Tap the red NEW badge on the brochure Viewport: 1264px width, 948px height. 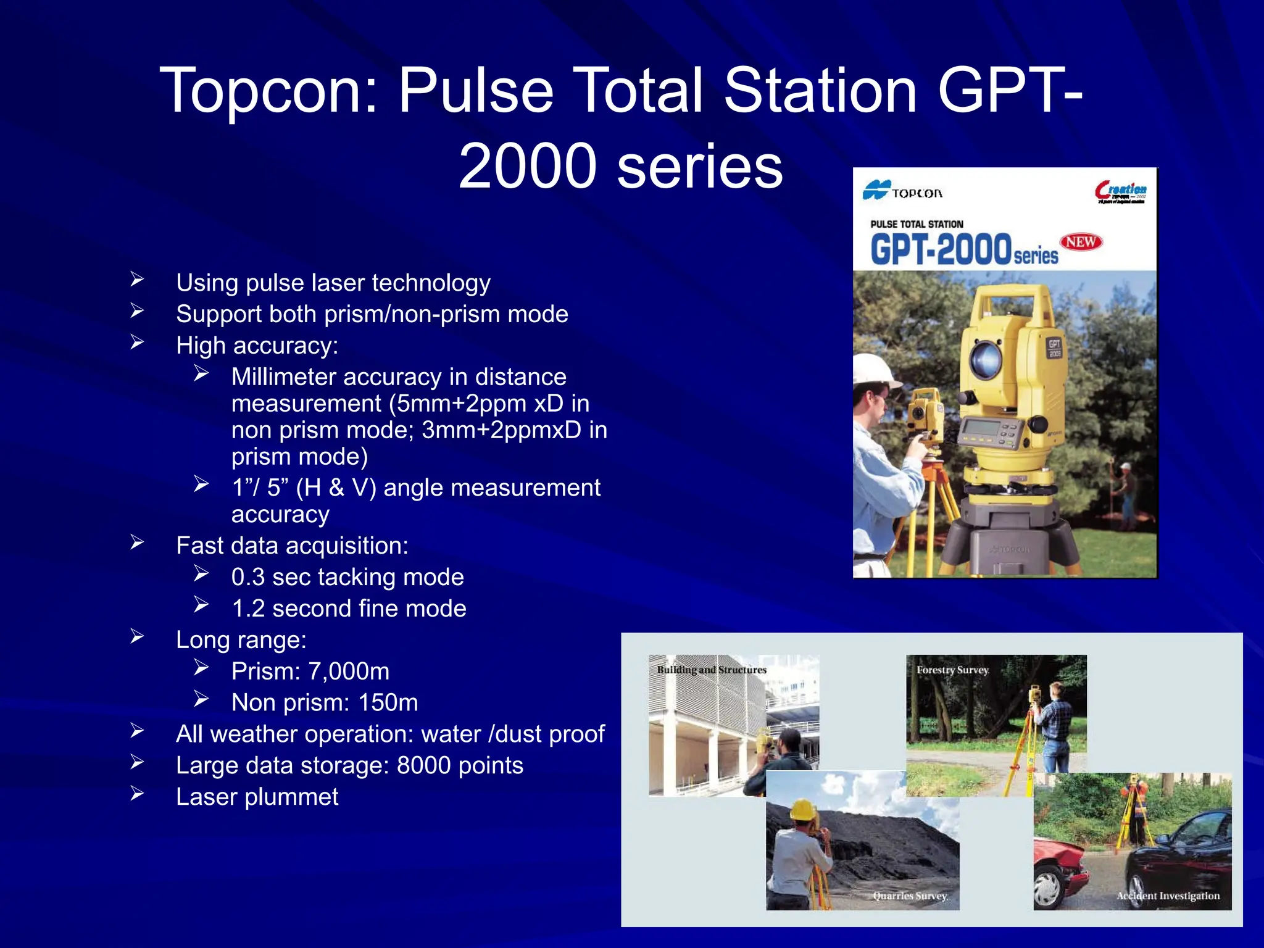pyautogui.click(x=1081, y=242)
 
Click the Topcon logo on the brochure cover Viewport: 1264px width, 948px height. pyautogui.click(x=902, y=191)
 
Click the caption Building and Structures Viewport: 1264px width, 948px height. pyautogui.click(x=711, y=670)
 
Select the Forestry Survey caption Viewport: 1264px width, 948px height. pyautogui.click(x=952, y=670)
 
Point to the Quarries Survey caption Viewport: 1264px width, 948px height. pyautogui.click(x=910, y=896)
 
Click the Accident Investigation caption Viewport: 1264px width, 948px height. pyautogui.click(x=1168, y=896)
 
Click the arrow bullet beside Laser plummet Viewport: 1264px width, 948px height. pyautogui.click(x=137, y=794)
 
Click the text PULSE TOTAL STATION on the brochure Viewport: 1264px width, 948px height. pyautogui.click(x=917, y=224)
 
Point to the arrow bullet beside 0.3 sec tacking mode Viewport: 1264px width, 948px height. pyautogui.click(x=201, y=574)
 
